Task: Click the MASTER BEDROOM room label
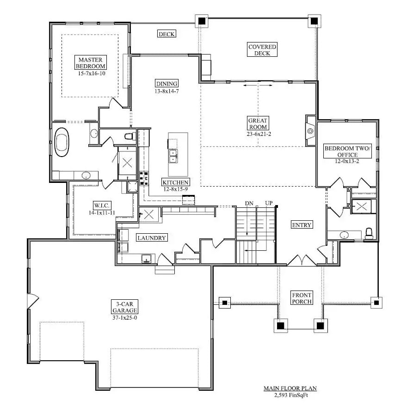pos(92,63)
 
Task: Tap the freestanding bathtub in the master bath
pos(62,143)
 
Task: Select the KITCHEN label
pos(176,182)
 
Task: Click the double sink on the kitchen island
pos(173,156)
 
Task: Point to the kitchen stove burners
pos(144,176)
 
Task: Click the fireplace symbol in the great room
pos(310,131)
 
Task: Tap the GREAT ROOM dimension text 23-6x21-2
pos(258,134)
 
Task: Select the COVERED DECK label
pos(262,50)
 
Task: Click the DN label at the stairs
pos(249,203)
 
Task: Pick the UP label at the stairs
pos(269,203)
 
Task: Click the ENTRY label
pos(302,225)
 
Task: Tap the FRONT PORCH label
pos(302,298)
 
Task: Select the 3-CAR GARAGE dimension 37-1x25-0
pos(125,318)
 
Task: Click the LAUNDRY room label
pos(151,238)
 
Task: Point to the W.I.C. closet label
pos(102,205)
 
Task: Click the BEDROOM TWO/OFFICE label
pos(347,151)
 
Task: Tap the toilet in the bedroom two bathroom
pos(369,233)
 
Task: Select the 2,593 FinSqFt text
pos(290,395)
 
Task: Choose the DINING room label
pos(166,84)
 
